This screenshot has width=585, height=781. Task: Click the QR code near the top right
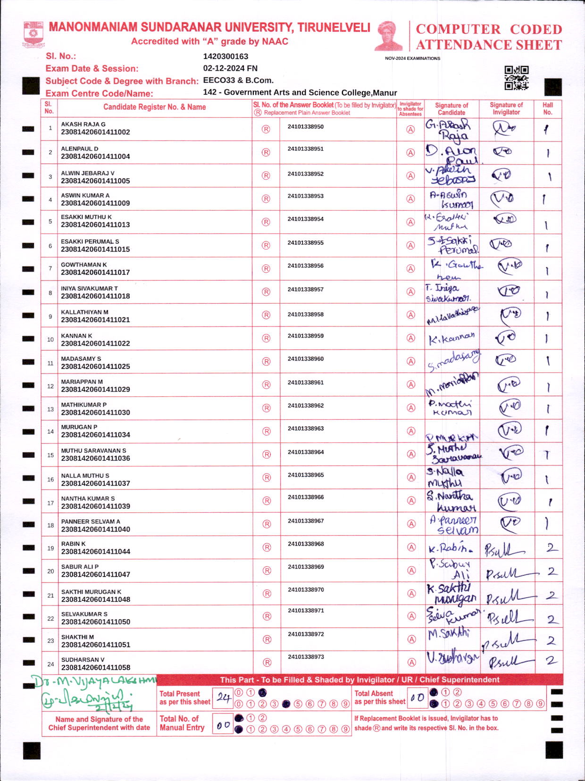516,78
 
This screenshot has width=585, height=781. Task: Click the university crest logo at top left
33,33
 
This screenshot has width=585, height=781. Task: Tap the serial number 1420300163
226,57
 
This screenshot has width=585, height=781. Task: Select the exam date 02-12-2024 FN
230,68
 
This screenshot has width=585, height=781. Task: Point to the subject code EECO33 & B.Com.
238,81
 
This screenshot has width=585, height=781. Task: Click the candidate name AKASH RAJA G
83,125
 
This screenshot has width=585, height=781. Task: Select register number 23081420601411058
95,667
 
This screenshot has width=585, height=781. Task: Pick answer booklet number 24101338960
306,359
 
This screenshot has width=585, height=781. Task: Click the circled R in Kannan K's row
266,338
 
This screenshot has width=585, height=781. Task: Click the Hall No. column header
547,108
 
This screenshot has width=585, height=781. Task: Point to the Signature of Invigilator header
506,108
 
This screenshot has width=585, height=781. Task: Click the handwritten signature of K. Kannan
451,339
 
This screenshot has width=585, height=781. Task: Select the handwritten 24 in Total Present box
223,698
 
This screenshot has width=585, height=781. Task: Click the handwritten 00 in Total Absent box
417,698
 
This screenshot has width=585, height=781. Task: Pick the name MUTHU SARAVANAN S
93,451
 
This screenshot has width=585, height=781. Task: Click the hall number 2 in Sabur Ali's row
551,572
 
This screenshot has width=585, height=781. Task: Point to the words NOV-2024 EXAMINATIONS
412,58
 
